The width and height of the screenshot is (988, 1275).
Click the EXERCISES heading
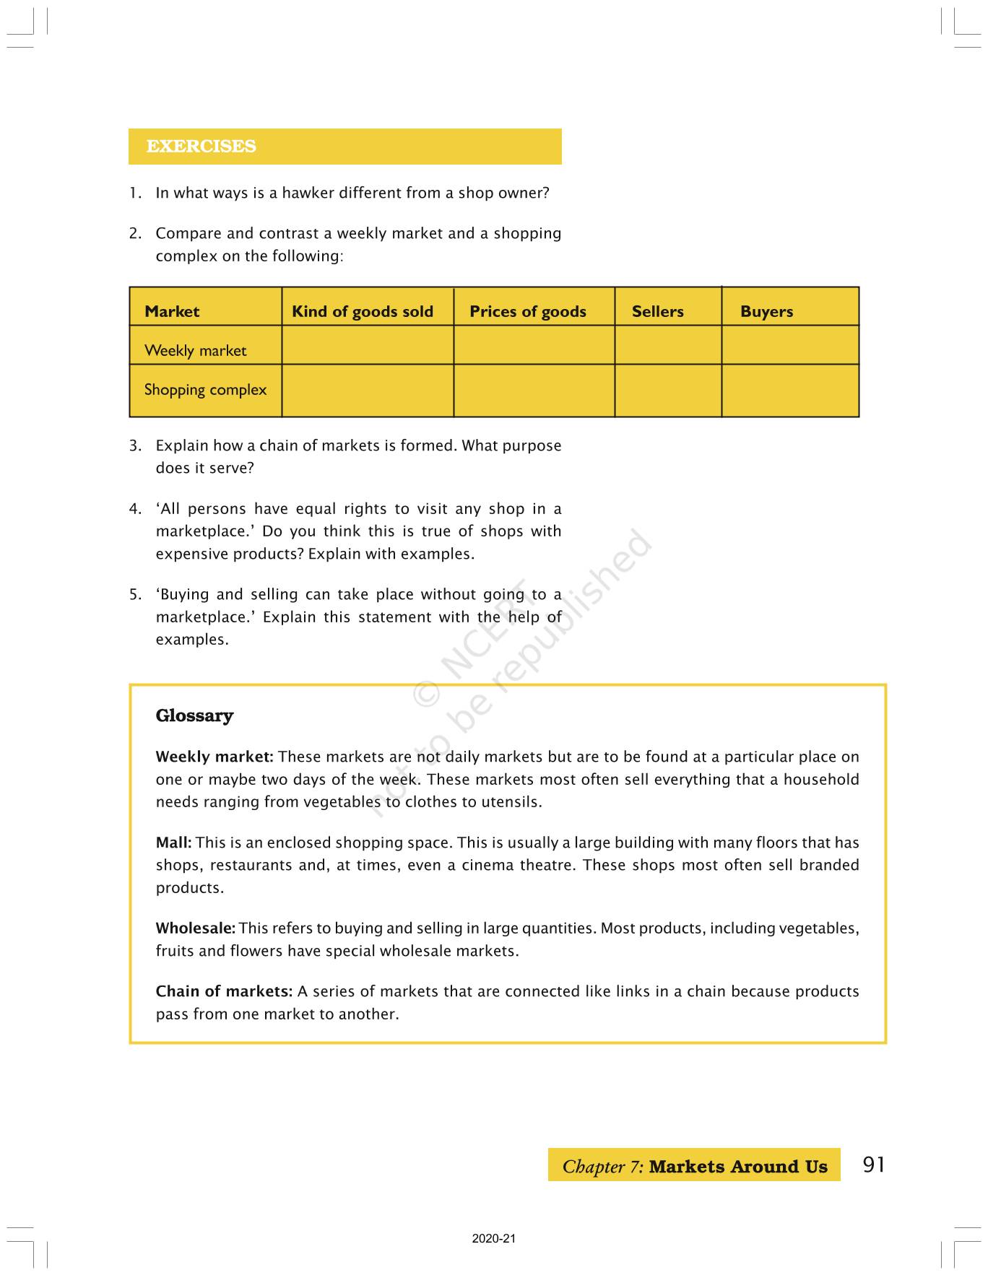click(x=201, y=147)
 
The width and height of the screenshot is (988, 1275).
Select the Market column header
click(x=172, y=312)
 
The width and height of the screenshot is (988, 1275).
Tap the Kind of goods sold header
click(x=362, y=312)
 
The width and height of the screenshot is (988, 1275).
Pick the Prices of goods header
click(x=527, y=312)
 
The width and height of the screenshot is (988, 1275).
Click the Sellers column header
click(x=657, y=312)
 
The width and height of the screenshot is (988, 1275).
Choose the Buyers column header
click(x=766, y=312)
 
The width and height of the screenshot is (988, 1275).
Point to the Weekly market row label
click(x=195, y=351)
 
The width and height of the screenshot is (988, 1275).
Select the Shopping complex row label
click(x=205, y=390)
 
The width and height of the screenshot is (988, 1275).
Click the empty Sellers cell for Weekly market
click(x=668, y=345)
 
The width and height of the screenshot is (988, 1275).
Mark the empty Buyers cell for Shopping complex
click(x=790, y=391)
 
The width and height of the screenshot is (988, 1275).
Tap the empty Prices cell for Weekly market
click(x=534, y=345)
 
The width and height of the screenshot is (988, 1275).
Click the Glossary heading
click(x=194, y=715)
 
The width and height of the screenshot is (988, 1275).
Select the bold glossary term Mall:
click(x=173, y=843)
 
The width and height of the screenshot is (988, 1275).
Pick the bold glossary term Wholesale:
click(x=195, y=928)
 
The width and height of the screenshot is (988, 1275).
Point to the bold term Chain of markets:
click(x=224, y=991)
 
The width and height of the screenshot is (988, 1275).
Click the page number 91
click(x=873, y=1165)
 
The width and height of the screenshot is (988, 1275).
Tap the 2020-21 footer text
click(x=494, y=1239)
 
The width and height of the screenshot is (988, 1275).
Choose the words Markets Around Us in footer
click(x=737, y=1167)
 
